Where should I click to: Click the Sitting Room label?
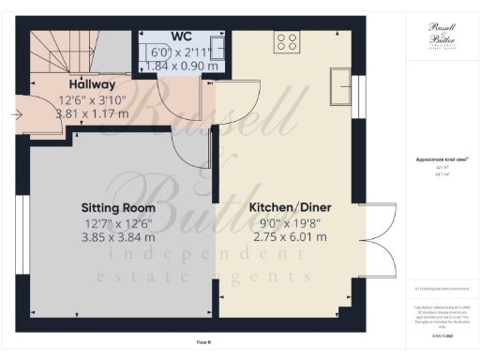point(117,207)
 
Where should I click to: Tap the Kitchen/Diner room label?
point(288,207)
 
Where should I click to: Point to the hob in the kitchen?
point(287,41)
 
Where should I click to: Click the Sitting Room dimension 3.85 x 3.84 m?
point(117,237)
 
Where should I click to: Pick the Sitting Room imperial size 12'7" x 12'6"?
point(117,222)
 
